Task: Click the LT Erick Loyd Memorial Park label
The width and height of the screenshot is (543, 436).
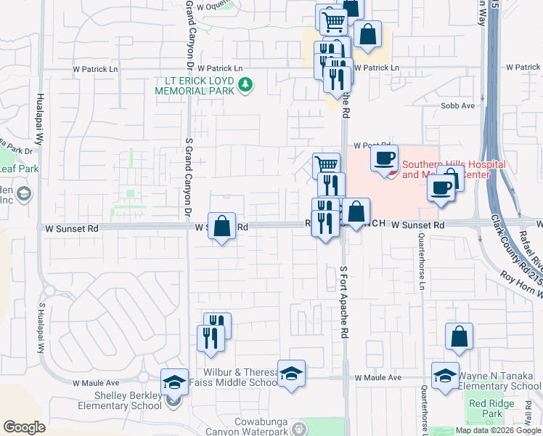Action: [196, 85]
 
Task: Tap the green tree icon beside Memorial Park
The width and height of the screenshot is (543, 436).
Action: [246, 86]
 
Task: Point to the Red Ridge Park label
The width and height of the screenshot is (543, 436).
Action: [486, 408]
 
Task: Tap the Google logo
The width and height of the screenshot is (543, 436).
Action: [24, 427]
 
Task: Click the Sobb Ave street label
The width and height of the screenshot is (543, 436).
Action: [457, 105]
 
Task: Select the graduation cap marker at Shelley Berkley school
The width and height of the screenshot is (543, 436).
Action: [174, 381]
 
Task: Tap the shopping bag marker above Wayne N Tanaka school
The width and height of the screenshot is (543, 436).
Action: [459, 336]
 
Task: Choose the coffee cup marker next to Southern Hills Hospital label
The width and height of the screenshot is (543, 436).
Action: [384, 158]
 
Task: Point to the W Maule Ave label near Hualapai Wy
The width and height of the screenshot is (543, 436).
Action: [96, 382]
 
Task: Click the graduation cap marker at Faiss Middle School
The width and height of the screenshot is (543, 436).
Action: [291, 374]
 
